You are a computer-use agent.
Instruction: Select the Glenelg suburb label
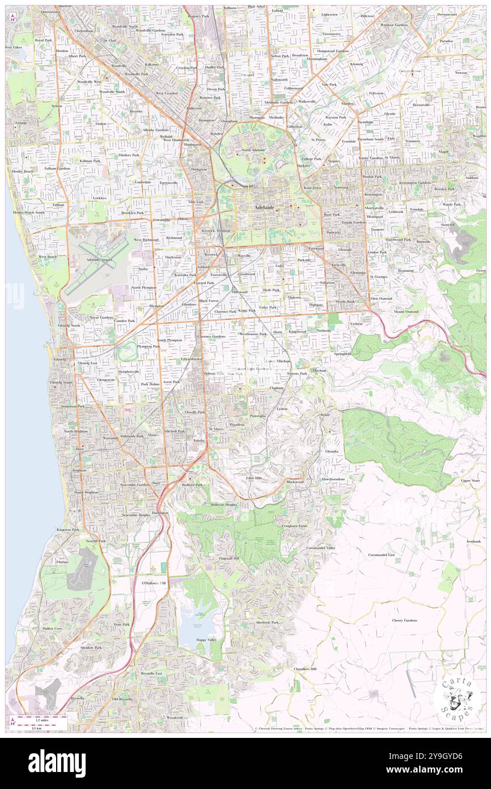(60, 360)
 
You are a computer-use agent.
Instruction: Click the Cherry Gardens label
(405, 620)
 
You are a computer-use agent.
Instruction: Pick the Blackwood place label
(295, 481)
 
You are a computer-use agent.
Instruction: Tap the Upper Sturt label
(470, 480)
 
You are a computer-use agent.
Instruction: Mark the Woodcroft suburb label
(174, 717)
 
